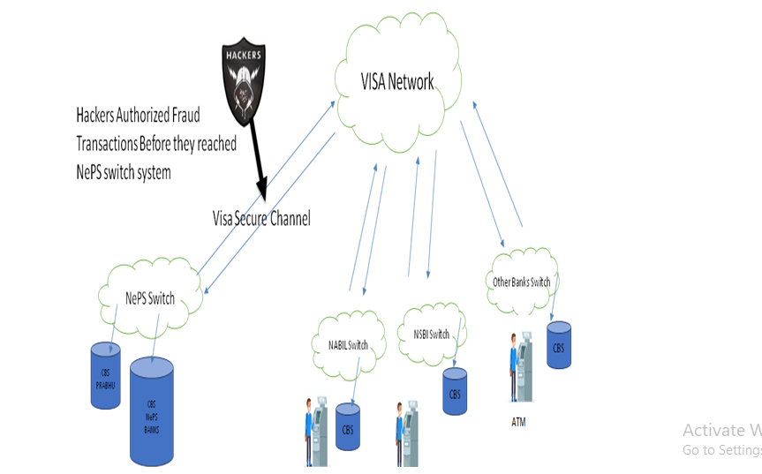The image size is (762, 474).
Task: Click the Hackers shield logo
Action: click(x=243, y=76)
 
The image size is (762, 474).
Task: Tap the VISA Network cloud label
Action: click(x=397, y=82)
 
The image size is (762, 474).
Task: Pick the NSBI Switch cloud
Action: click(x=431, y=335)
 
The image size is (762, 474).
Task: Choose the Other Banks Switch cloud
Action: click(x=522, y=282)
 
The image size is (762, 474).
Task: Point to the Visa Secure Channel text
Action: click(x=261, y=218)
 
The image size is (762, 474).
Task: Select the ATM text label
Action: click(x=518, y=422)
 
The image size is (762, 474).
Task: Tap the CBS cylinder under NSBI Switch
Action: click(x=455, y=392)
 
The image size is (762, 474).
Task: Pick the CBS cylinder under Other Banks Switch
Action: click(x=559, y=345)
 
